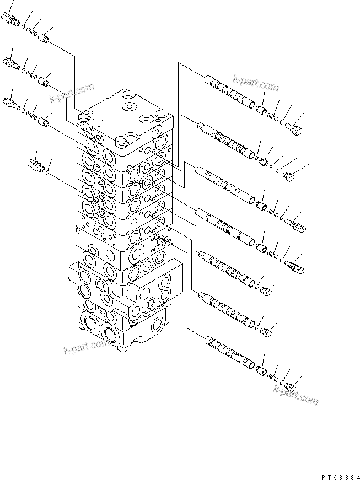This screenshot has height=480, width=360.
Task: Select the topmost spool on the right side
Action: click(x=229, y=90)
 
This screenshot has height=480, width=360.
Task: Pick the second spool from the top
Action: click(x=227, y=138)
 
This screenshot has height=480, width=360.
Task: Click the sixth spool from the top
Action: click(x=227, y=308)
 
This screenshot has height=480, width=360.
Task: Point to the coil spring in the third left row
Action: click(x=32, y=115)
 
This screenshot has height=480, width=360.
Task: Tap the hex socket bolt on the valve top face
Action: click(x=129, y=106)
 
